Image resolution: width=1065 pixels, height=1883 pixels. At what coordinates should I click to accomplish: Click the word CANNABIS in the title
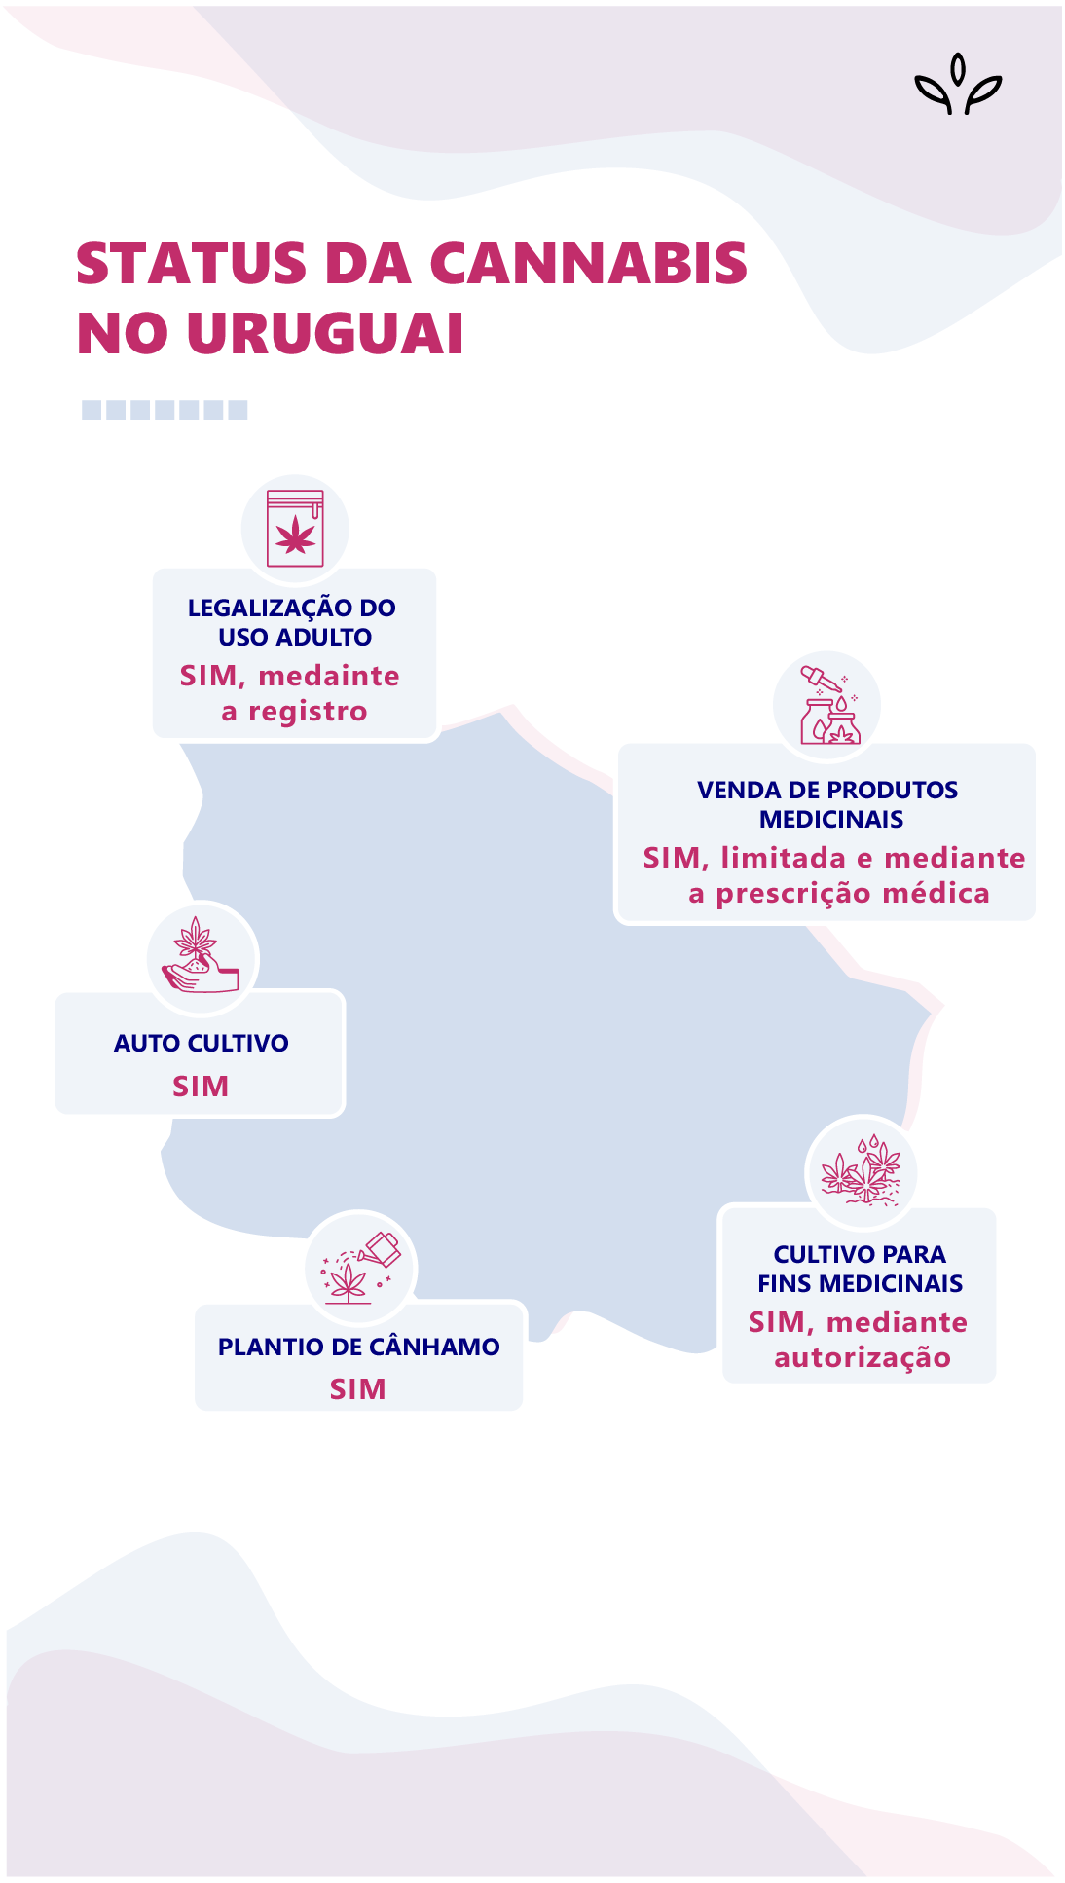coord(587,264)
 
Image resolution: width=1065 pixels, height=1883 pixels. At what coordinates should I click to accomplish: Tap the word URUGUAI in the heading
coord(324,334)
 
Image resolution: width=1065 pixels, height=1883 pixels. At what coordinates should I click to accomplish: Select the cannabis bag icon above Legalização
coord(295,529)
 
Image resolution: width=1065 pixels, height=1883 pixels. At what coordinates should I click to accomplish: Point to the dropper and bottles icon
coord(827,705)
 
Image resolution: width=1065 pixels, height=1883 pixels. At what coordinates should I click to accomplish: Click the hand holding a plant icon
coord(202,958)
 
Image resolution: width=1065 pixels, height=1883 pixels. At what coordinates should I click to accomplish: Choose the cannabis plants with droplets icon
coord(861,1171)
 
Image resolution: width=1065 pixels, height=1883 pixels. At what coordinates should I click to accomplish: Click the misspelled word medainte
coord(329,676)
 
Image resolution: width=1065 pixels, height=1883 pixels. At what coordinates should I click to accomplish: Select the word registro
coord(308,712)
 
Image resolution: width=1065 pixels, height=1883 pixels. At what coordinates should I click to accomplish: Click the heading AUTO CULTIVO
coord(201,1043)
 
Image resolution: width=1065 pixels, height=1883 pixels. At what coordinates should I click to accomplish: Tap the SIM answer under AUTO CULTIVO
coord(201,1086)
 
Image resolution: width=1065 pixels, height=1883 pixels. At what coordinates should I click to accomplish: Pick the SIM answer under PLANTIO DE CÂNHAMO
coord(357,1389)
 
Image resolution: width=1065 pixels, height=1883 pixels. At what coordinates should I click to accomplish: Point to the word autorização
coord(862,1357)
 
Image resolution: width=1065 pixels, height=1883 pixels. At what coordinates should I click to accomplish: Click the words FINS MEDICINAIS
coord(860,1283)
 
